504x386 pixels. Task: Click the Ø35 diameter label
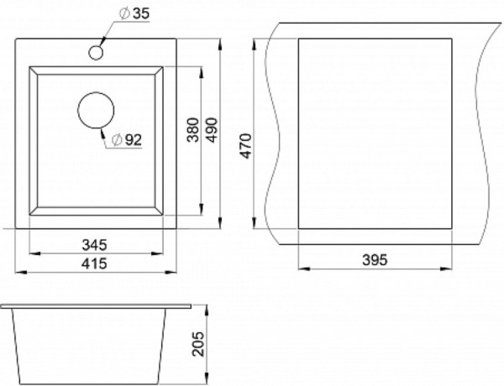(134, 13)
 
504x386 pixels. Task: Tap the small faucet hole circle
(96, 53)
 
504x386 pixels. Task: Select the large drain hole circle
(96, 110)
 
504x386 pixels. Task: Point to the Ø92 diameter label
(126, 139)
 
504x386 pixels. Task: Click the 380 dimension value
(193, 130)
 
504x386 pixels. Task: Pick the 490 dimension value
(212, 130)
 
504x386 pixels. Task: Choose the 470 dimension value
(246, 146)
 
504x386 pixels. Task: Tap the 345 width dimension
(94, 245)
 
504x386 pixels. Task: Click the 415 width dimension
(94, 263)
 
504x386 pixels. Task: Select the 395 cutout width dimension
(375, 259)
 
